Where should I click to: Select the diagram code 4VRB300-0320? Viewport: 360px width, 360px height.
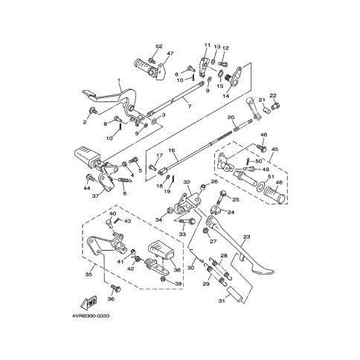[91, 316]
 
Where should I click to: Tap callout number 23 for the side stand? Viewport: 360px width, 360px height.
[246, 237]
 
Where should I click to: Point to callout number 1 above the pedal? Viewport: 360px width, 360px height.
[119, 80]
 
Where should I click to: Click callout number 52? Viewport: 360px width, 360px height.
[158, 46]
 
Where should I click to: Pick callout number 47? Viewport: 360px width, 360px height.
[170, 54]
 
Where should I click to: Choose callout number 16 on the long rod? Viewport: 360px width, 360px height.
[172, 150]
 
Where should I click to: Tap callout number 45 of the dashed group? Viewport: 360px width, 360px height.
[274, 150]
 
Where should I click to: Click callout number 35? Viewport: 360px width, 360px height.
[89, 274]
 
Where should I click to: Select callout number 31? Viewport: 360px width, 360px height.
[222, 301]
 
